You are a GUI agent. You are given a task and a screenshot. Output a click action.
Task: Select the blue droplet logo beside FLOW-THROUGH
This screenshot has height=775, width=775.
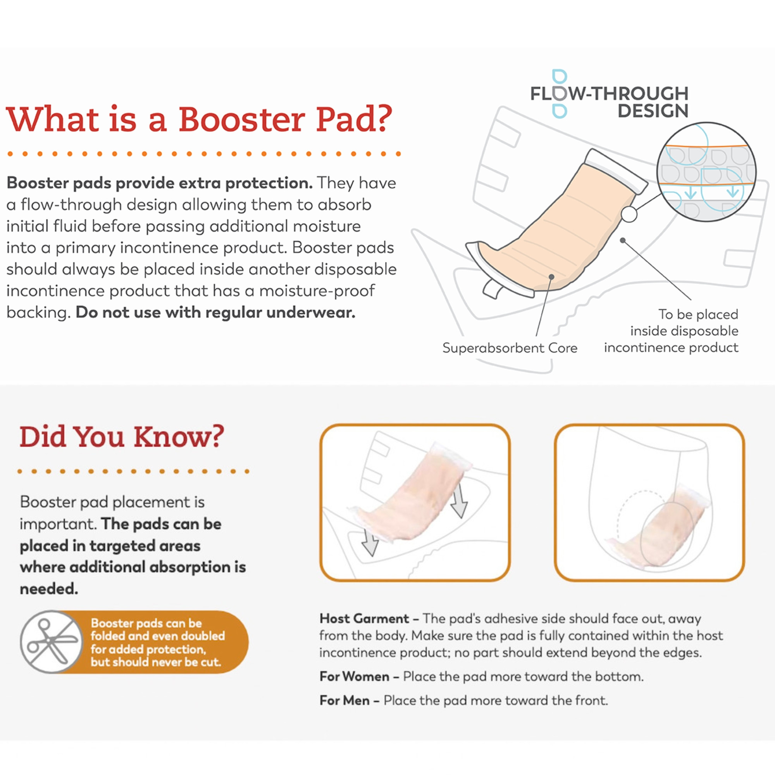(559, 93)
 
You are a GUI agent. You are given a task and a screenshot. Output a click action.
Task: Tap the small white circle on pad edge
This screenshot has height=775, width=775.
(629, 214)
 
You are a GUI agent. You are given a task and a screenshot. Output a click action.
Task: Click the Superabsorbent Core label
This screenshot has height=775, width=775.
(510, 348)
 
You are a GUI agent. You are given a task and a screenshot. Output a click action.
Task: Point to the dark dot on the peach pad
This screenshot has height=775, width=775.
(551, 277)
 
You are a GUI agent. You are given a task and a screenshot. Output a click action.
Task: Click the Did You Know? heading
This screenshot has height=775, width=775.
(122, 436)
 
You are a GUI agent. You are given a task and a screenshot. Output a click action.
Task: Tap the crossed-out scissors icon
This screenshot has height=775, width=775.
(50, 642)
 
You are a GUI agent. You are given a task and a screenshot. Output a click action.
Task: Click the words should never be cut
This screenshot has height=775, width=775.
(156, 662)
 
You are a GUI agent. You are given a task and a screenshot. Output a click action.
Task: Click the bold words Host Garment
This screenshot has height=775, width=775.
(364, 618)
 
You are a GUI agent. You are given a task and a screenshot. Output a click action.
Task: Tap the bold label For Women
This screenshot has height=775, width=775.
(354, 676)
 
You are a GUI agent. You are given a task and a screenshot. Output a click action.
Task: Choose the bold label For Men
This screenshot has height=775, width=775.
(344, 700)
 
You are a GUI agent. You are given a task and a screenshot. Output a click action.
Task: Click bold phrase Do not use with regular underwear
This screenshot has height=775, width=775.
(215, 312)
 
